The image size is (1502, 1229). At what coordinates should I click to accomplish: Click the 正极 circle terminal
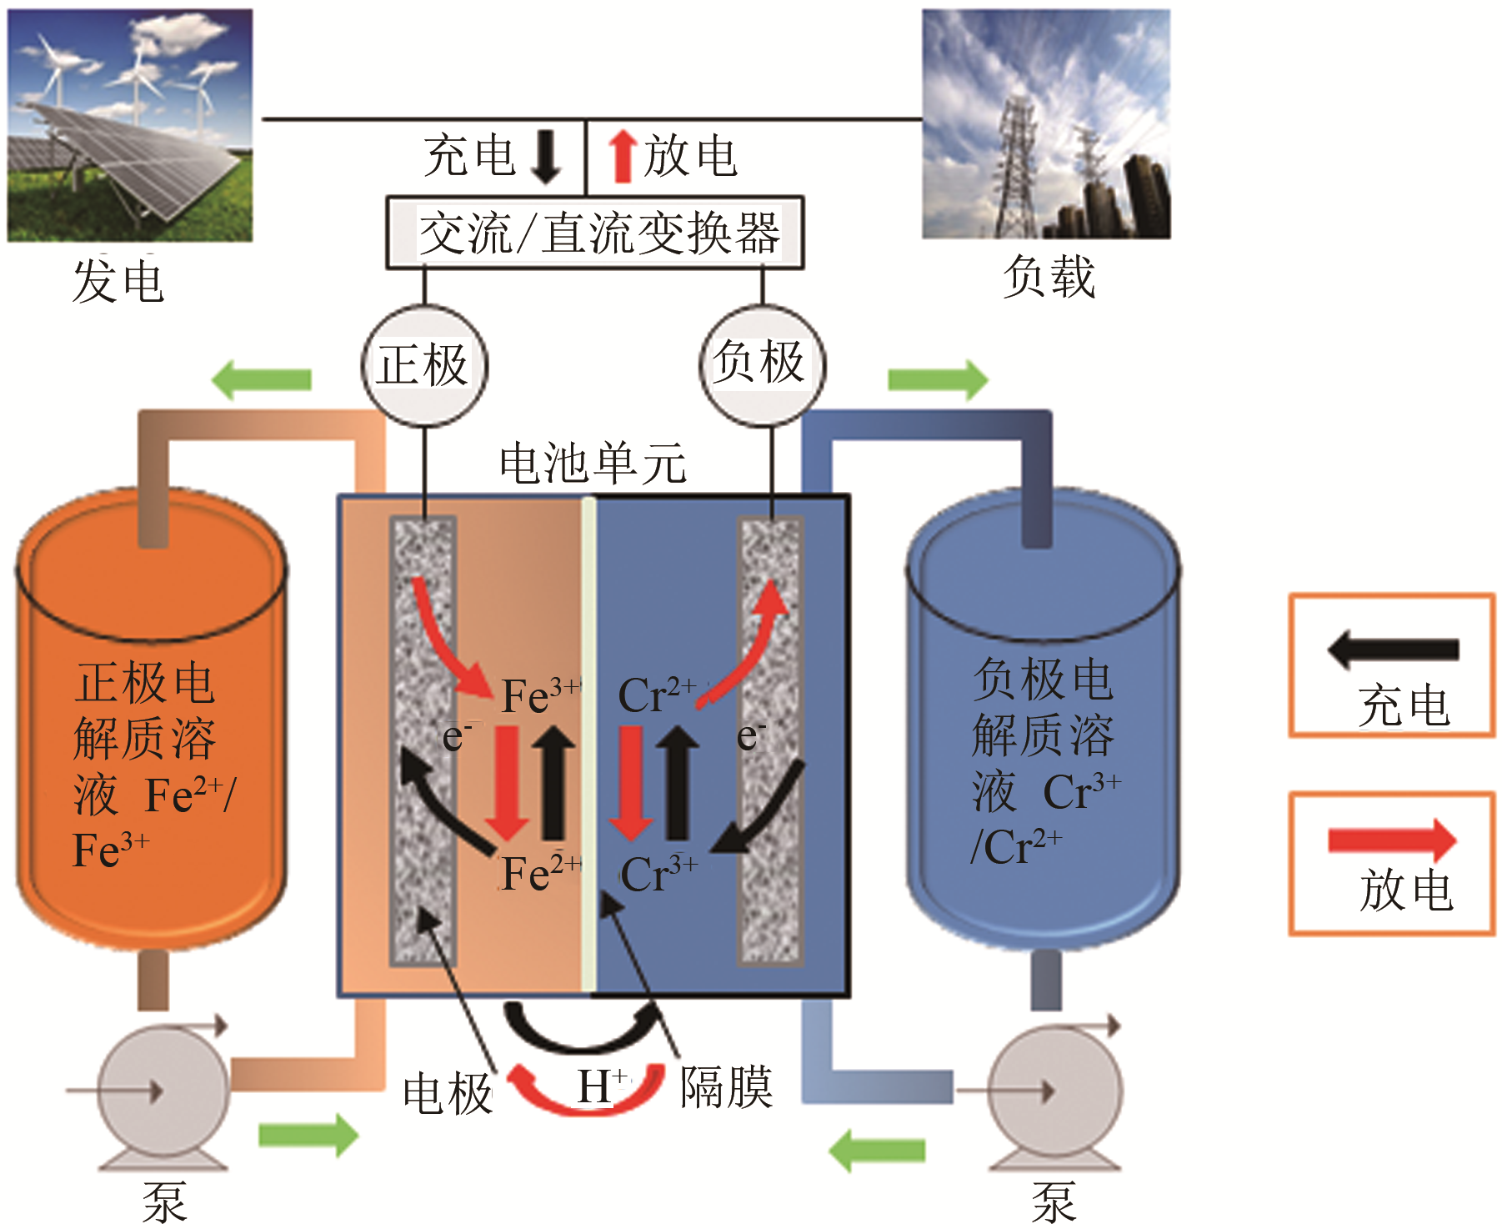pos(424,365)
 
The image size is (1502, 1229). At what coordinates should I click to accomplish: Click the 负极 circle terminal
pos(762,364)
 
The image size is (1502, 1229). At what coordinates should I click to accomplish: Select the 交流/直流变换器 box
pos(594,233)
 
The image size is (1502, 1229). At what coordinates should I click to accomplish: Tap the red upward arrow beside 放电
pos(621,157)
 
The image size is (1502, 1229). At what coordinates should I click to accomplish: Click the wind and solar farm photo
pos(130,125)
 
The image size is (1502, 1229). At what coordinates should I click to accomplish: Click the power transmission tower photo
pos(1046,124)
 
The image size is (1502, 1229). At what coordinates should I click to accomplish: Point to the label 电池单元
pos(593,464)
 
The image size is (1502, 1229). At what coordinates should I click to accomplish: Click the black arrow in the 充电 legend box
pos(1393,650)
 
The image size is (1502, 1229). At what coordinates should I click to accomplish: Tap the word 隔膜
pos(726,1087)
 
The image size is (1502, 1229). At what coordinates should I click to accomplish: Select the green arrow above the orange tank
pos(262,380)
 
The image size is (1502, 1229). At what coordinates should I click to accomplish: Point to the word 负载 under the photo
pos(1049,277)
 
